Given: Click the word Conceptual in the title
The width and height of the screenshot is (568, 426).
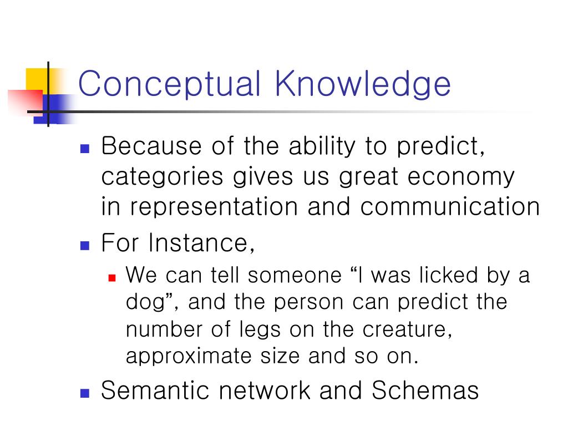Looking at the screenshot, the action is click(170, 84).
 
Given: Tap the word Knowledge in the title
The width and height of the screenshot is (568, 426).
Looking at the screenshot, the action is click(363, 84).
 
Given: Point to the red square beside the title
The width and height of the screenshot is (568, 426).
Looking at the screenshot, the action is click(26, 103).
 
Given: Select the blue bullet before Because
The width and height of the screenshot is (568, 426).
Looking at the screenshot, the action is click(85, 149).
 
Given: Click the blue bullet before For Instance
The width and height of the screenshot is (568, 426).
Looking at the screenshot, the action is click(85, 246).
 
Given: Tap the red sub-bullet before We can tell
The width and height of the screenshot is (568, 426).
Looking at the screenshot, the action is click(112, 278).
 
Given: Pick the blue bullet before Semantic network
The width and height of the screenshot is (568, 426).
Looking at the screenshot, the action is click(85, 393).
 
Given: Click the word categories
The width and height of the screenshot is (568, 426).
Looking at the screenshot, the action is click(162, 177).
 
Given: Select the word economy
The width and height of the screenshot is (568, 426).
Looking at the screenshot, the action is click(461, 177).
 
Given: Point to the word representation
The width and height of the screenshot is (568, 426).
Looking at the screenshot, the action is click(214, 207).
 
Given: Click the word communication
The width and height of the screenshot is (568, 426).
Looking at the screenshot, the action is click(450, 206).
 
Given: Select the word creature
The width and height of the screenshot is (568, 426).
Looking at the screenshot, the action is click(407, 329).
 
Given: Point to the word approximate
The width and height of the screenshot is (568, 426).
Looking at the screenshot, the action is click(189, 357).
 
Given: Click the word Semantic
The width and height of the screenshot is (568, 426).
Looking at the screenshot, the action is click(155, 390).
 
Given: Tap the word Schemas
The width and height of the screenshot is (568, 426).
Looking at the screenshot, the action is click(425, 390).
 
